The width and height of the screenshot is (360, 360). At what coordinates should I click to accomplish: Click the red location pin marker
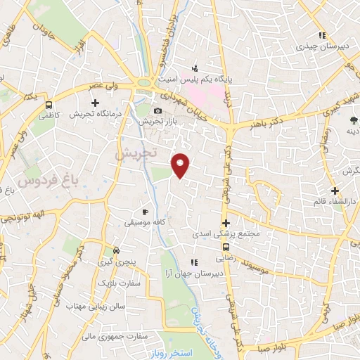[x=181, y=165]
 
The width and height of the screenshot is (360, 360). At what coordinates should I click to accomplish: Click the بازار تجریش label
[x=154, y=122]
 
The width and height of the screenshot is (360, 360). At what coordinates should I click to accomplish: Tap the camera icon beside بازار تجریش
[x=157, y=110]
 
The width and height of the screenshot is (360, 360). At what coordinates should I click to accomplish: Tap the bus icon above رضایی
[x=225, y=247]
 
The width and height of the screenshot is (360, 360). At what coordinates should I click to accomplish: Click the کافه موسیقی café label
[x=145, y=222]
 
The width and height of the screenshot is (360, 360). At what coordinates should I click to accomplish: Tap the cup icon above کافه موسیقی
[x=145, y=211]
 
